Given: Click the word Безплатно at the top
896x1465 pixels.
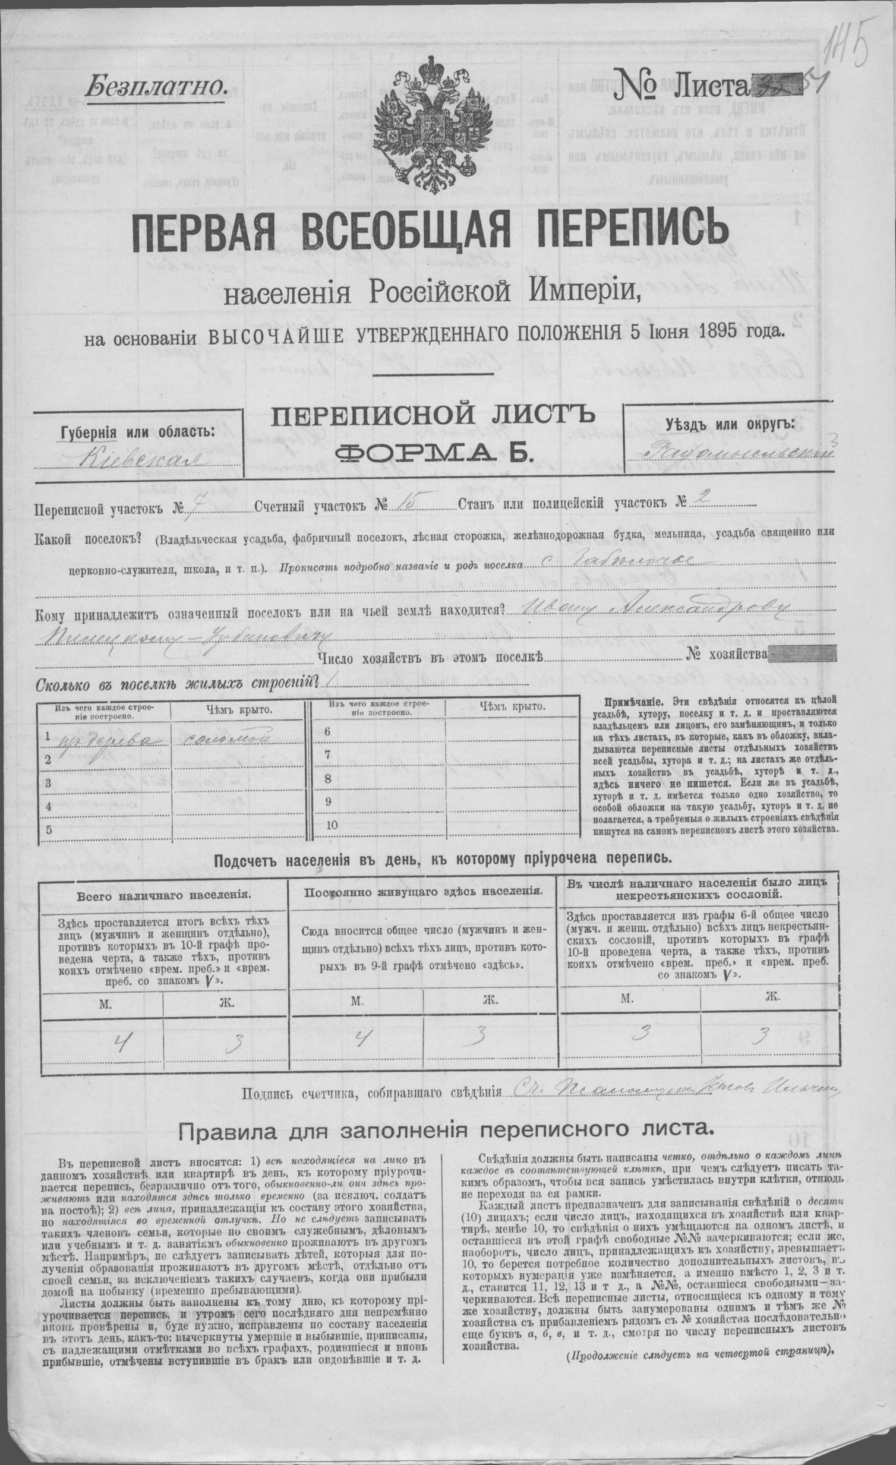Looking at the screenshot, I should [x=156, y=87].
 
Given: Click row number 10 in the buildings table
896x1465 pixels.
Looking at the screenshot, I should [x=331, y=825].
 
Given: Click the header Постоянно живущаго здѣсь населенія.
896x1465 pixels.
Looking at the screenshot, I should [x=422, y=892].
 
